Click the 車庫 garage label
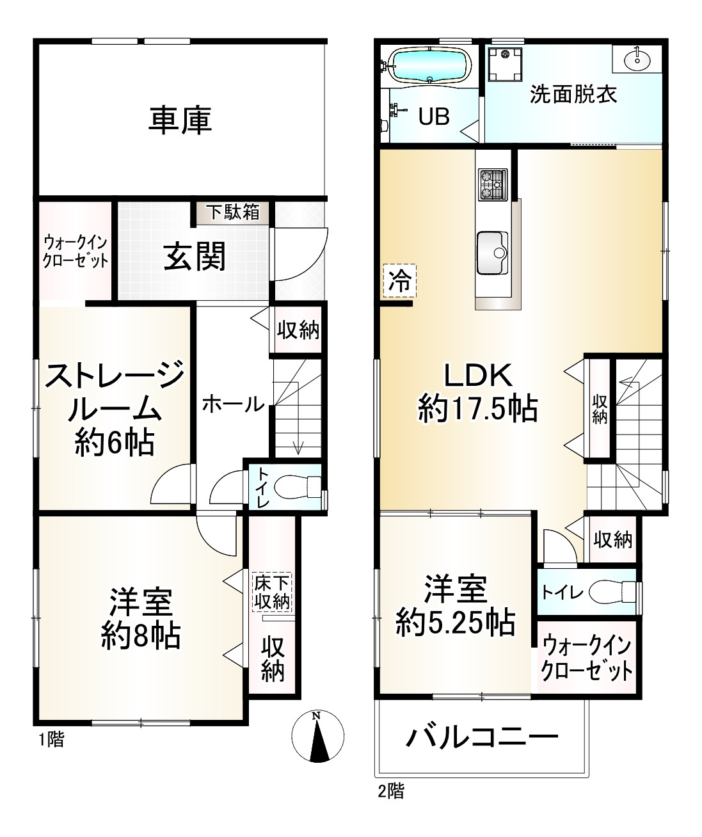(x=180, y=121)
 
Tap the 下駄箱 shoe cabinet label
(x=233, y=212)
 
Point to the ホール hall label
(x=233, y=404)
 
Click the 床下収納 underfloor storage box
(x=272, y=592)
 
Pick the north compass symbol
(x=317, y=737)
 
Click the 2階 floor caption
(x=390, y=791)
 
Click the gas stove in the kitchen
(x=492, y=184)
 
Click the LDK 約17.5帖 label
(x=477, y=392)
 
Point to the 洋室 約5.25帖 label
(x=455, y=605)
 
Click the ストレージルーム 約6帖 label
(x=115, y=407)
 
